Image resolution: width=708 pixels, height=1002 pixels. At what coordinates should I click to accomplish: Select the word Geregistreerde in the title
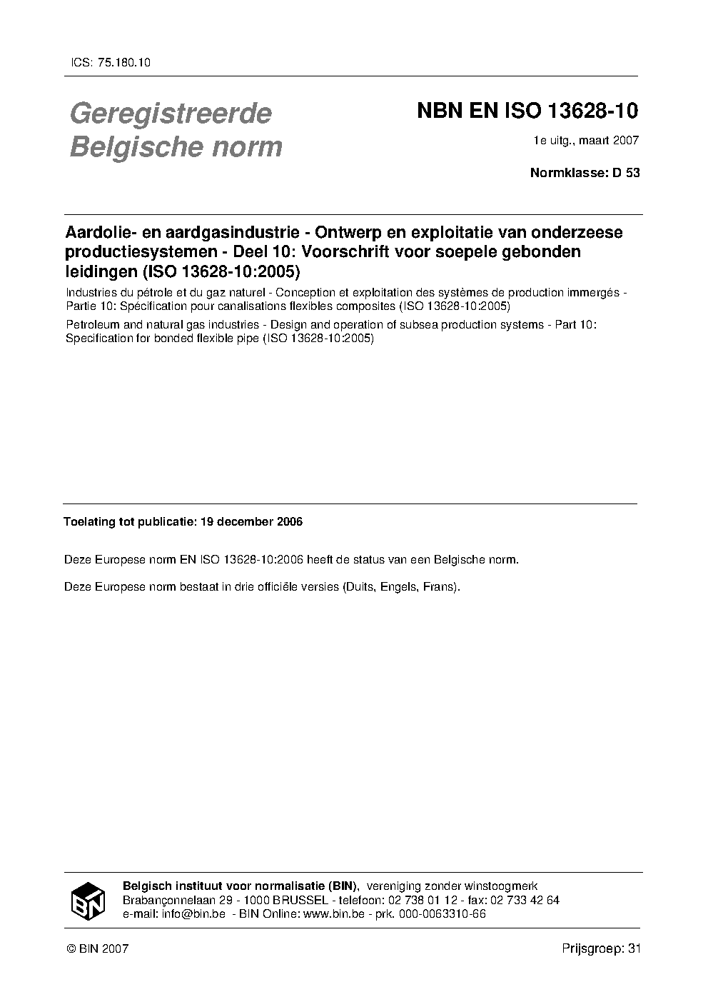(170, 114)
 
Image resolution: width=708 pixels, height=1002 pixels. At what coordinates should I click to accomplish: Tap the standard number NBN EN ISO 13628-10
(527, 111)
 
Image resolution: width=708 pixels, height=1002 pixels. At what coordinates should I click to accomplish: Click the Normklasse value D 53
(625, 172)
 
